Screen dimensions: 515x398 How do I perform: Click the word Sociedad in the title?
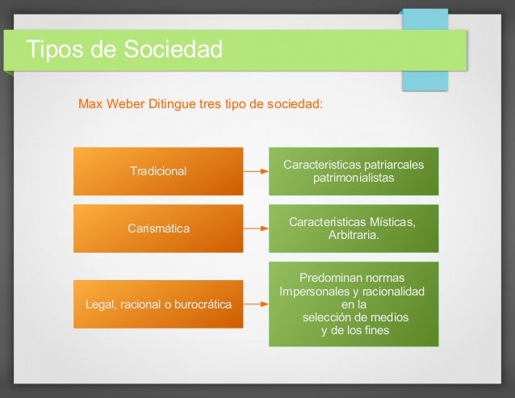pyautogui.click(x=173, y=49)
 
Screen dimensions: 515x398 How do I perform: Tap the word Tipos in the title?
pyautogui.click(x=56, y=49)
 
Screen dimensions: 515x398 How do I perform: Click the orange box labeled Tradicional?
pyautogui.click(x=158, y=171)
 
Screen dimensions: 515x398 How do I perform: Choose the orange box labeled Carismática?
pyautogui.click(x=158, y=228)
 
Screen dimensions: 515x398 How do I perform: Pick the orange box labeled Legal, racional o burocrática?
pyautogui.click(x=158, y=304)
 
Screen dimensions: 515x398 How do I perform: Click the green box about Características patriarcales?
pyautogui.click(x=354, y=171)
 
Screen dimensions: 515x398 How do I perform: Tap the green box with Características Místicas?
pyautogui.click(x=354, y=228)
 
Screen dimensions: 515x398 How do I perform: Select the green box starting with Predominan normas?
pyautogui.click(x=354, y=304)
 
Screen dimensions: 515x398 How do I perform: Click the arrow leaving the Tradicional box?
pyautogui.click(x=256, y=171)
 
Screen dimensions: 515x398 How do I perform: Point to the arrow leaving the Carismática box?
pyautogui.click(x=256, y=228)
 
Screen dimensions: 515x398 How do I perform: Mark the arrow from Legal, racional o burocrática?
pyautogui.click(x=256, y=304)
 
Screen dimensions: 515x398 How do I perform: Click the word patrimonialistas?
pyautogui.click(x=354, y=178)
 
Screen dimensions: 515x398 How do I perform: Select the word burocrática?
pyautogui.click(x=203, y=304)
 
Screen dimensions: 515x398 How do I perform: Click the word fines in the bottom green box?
pyautogui.click(x=375, y=330)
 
